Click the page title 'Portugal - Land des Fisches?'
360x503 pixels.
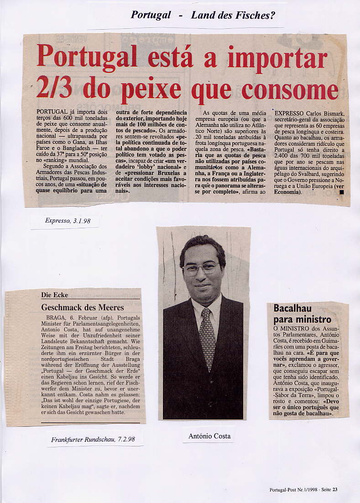(203, 15)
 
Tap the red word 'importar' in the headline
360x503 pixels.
(277, 58)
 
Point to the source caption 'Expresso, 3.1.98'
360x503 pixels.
(68, 221)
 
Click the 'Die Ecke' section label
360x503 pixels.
(54, 295)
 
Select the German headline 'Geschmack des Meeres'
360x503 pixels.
(83, 307)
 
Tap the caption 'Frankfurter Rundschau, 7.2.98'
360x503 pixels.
(93, 440)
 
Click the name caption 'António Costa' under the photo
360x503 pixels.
(209, 436)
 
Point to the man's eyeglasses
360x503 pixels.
(201, 268)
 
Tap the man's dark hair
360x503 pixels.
(202, 245)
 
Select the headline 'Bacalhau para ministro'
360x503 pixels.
(302, 314)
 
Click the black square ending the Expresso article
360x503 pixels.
(341, 192)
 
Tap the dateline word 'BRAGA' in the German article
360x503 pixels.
(56, 317)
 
